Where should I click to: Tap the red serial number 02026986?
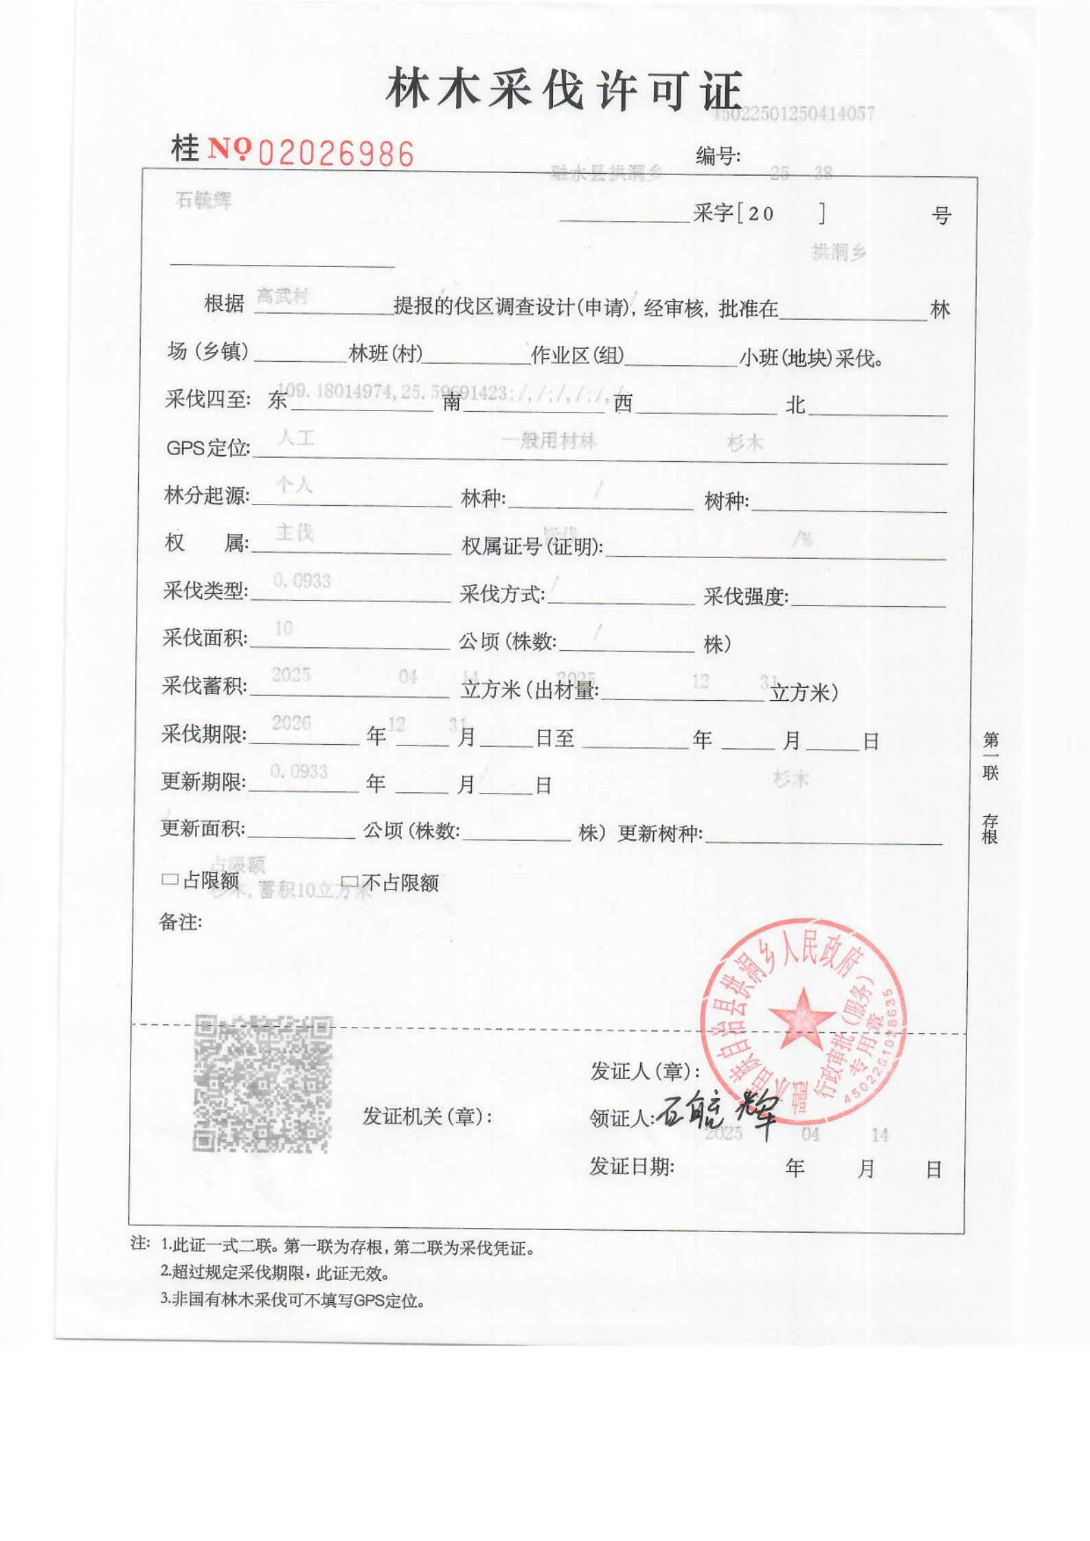click(336, 153)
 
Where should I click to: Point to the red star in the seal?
click(801, 1018)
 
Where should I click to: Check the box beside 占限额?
click(169, 879)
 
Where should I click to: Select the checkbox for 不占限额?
click(350, 881)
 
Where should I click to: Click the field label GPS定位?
click(207, 448)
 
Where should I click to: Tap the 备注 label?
click(180, 922)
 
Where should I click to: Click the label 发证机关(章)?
click(427, 1116)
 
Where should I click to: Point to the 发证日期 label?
click(631, 1166)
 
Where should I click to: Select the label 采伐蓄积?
click(204, 686)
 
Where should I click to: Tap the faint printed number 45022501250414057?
click(793, 114)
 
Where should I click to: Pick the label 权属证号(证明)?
click(532, 546)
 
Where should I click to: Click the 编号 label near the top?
click(717, 157)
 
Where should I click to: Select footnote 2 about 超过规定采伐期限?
click(275, 1273)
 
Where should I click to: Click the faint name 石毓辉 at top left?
click(203, 200)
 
